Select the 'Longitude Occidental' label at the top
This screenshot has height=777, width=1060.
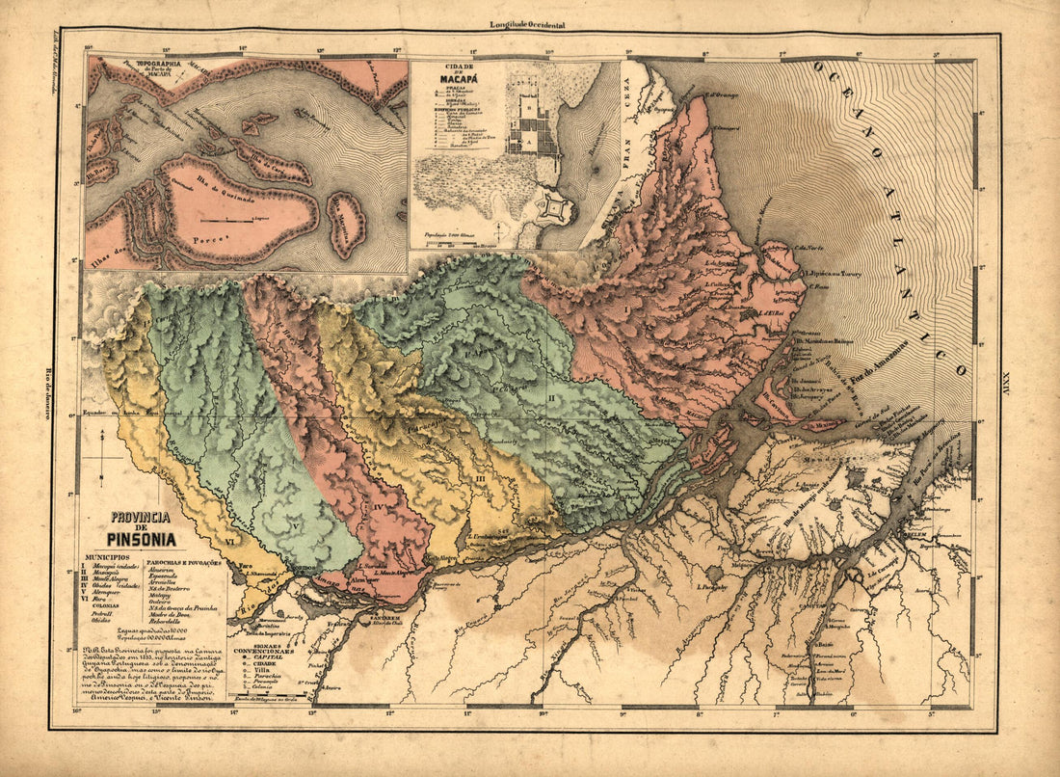(527, 24)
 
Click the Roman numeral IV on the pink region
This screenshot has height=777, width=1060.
(380, 503)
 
